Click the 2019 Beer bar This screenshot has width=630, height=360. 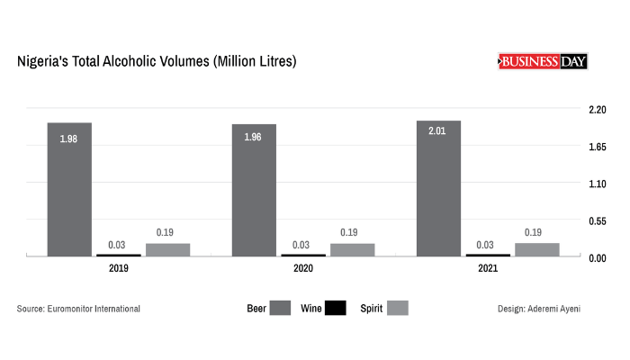click(x=69, y=190)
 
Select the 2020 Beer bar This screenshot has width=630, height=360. click(x=254, y=191)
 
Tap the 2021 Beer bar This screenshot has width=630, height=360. click(x=438, y=189)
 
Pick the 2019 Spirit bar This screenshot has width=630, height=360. click(x=167, y=249)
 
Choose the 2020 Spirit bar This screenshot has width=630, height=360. click(x=352, y=249)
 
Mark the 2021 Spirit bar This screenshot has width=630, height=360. click(x=537, y=249)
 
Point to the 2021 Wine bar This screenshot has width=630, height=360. click(x=488, y=255)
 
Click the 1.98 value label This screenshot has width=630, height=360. click(x=69, y=139)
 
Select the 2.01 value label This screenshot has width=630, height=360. click(x=437, y=131)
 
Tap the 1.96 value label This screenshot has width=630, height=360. click(x=253, y=139)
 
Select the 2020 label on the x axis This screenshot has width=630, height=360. click(x=302, y=268)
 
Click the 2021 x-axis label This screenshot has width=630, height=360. click(x=487, y=268)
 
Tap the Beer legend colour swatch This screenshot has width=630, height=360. click(x=279, y=309)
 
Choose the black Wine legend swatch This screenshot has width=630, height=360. click(x=336, y=309)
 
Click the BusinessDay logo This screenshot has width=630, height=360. click(x=542, y=61)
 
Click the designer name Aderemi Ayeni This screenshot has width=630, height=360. click(x=559, y=309)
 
